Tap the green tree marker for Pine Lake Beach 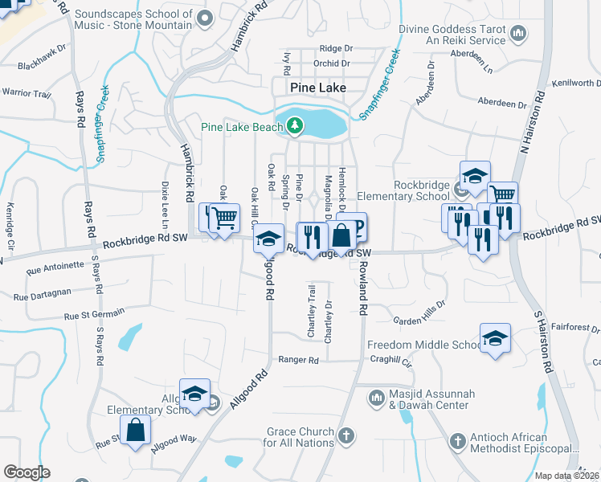click(295, 125)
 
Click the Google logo click(27, 472)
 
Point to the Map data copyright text click(567, 476)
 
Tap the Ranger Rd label click(298, 360)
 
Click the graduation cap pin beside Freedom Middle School click(496, 337)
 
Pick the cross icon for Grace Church click(345, 436)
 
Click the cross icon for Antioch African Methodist click(457, 441)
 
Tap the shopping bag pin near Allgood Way click(135, 429)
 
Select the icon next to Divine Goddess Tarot click(518, 33)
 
